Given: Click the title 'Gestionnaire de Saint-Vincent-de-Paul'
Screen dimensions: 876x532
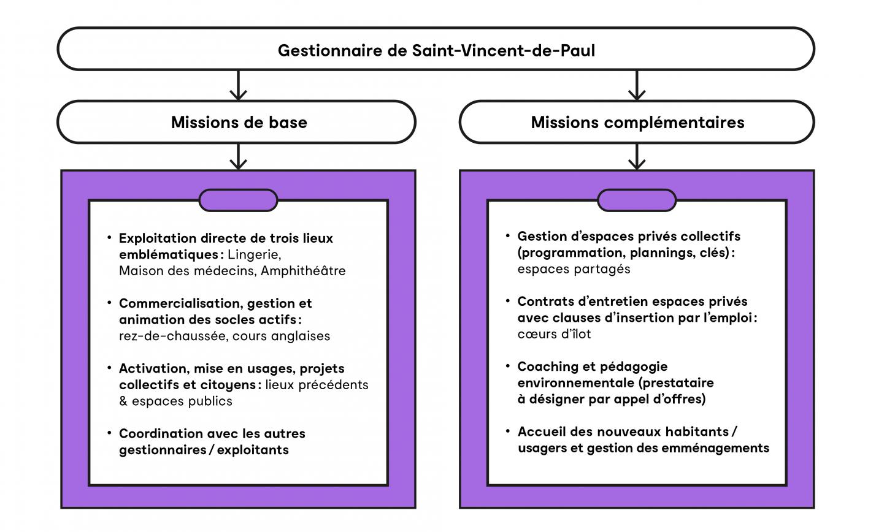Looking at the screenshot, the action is coord(436,50).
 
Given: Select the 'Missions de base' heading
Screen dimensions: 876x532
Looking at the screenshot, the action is coord(239,122).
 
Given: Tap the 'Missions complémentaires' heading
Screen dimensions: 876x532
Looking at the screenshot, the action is coord(637,123).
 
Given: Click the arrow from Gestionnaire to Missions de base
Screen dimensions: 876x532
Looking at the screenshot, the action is coord(238,85).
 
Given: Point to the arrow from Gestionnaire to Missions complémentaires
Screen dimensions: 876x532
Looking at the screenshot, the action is coord(637,85).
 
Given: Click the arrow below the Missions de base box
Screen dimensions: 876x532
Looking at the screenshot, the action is coord(238,156).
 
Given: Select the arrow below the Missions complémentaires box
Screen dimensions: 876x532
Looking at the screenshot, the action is coord(637,156).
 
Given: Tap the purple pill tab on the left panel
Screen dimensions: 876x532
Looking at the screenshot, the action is coord(238,200).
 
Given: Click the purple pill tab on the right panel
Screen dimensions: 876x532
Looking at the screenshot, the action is coord(637,200).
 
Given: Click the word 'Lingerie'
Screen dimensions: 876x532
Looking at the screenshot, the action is coord(254,255).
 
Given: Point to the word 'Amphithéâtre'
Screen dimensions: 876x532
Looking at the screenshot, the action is coord(303,271).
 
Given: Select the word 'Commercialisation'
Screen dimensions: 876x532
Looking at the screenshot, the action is coord(180,303).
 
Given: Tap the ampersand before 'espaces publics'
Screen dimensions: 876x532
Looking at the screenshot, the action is coord(123,401).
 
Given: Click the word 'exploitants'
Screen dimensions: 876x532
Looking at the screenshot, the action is coord(253,450).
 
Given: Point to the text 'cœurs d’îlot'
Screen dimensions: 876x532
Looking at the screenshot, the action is coord(554,334).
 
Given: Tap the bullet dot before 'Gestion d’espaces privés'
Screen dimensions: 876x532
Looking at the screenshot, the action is coord(507,235).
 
